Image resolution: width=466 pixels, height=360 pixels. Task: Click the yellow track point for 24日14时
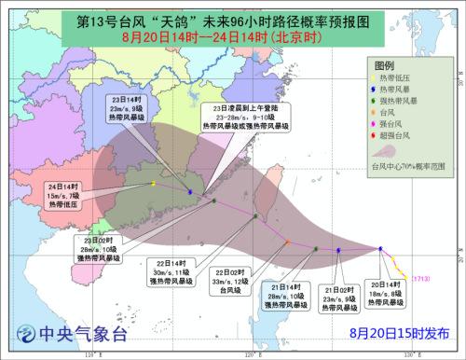pyautogui.click(x=153, y=183)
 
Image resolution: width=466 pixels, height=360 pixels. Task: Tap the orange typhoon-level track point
pyautogui.click(x=287, y=242)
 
